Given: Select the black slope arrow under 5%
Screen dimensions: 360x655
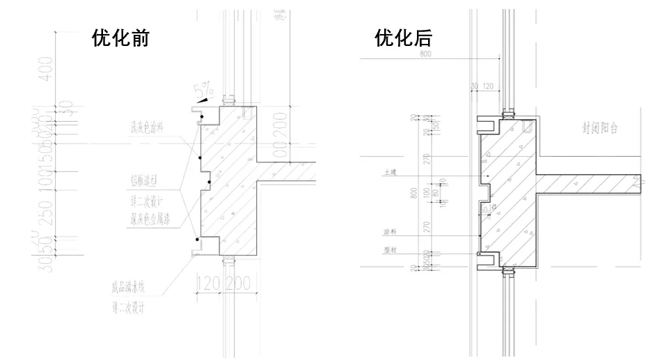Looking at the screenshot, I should pyautogui.click(x=202, y=100).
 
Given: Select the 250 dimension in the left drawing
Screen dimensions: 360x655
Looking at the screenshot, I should pyautogui.click(x=46, y=212).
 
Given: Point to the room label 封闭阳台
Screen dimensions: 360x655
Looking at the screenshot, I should pyautogui.click(x=601, y=128).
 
